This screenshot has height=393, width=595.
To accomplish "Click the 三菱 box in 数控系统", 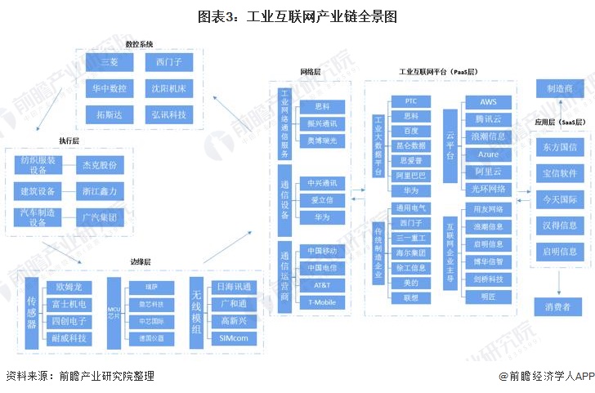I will point(110,62).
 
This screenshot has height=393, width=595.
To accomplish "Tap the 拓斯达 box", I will point(110,114).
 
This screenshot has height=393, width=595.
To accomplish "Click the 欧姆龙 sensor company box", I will point(69,288).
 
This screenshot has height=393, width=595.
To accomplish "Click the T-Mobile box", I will point(322,302).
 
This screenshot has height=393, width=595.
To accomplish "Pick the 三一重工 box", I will point(410,238).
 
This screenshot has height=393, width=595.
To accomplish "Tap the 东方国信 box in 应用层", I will point(559,148).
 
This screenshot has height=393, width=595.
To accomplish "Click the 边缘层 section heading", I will point(141,263).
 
